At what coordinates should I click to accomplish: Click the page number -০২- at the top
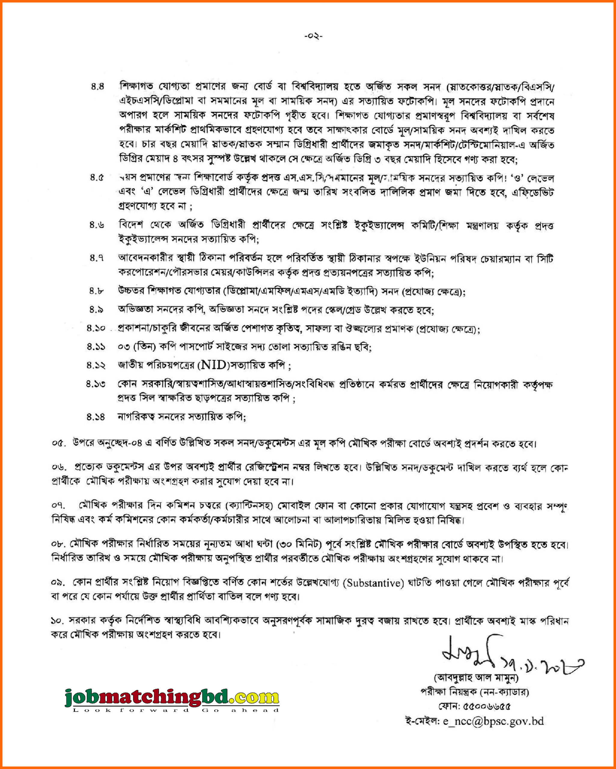click(x=313, y=36)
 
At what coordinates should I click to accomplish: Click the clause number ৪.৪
click(x=97, y=87)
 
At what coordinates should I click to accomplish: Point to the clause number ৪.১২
click(x=96, y=365)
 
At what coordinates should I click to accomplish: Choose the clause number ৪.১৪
click(x=96, y=416)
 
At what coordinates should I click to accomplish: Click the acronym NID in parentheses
click(x=213, y=365)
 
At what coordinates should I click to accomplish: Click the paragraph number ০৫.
click(x=59, y=443)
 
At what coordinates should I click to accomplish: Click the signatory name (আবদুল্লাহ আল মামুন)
click(x=476, y=677)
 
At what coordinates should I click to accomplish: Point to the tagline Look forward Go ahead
click(x=175, y=710)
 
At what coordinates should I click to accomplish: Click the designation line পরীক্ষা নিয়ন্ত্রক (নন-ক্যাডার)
click(x=475, y=692)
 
